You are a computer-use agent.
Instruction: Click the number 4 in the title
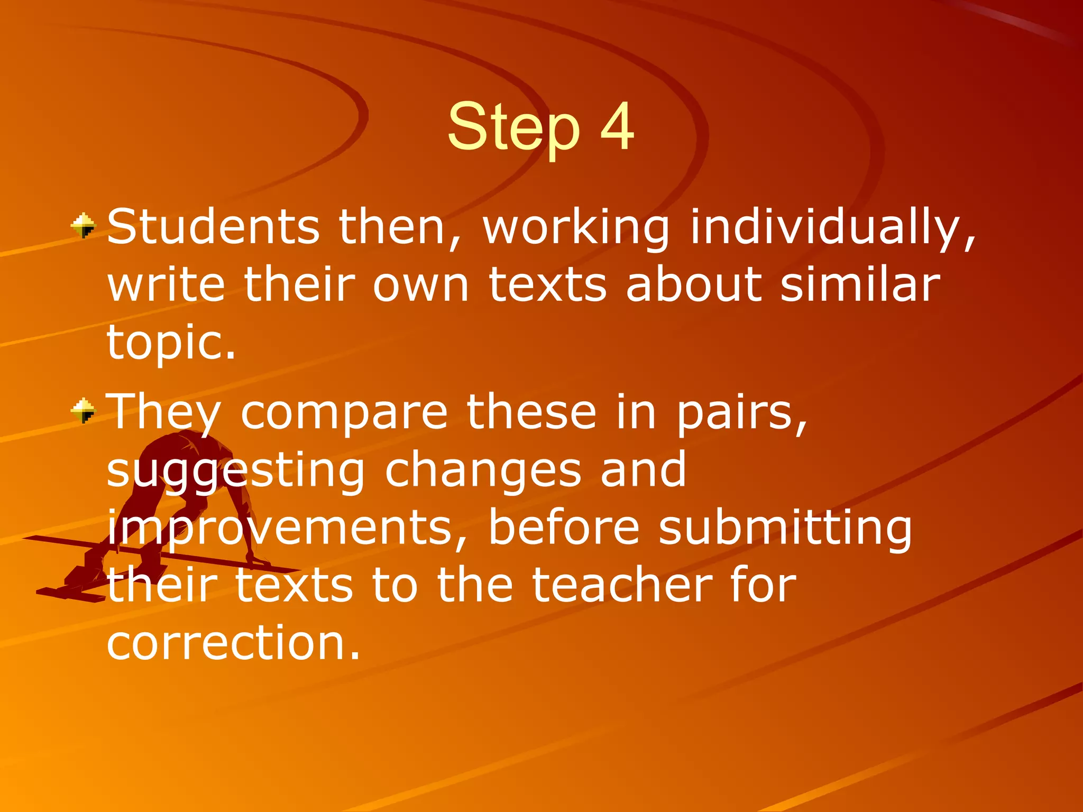(x=617, y=127)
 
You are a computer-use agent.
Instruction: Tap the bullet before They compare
(x=83, y=411)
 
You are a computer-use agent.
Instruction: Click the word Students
(x=213, y=227)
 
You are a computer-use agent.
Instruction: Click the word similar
(x=860, y=284)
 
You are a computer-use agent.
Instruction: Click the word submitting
(x=785, y=528)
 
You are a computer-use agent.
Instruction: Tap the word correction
(x=233, y=643)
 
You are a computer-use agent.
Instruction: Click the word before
(x=563, y=528)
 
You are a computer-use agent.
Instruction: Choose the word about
(x=694, y=284)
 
